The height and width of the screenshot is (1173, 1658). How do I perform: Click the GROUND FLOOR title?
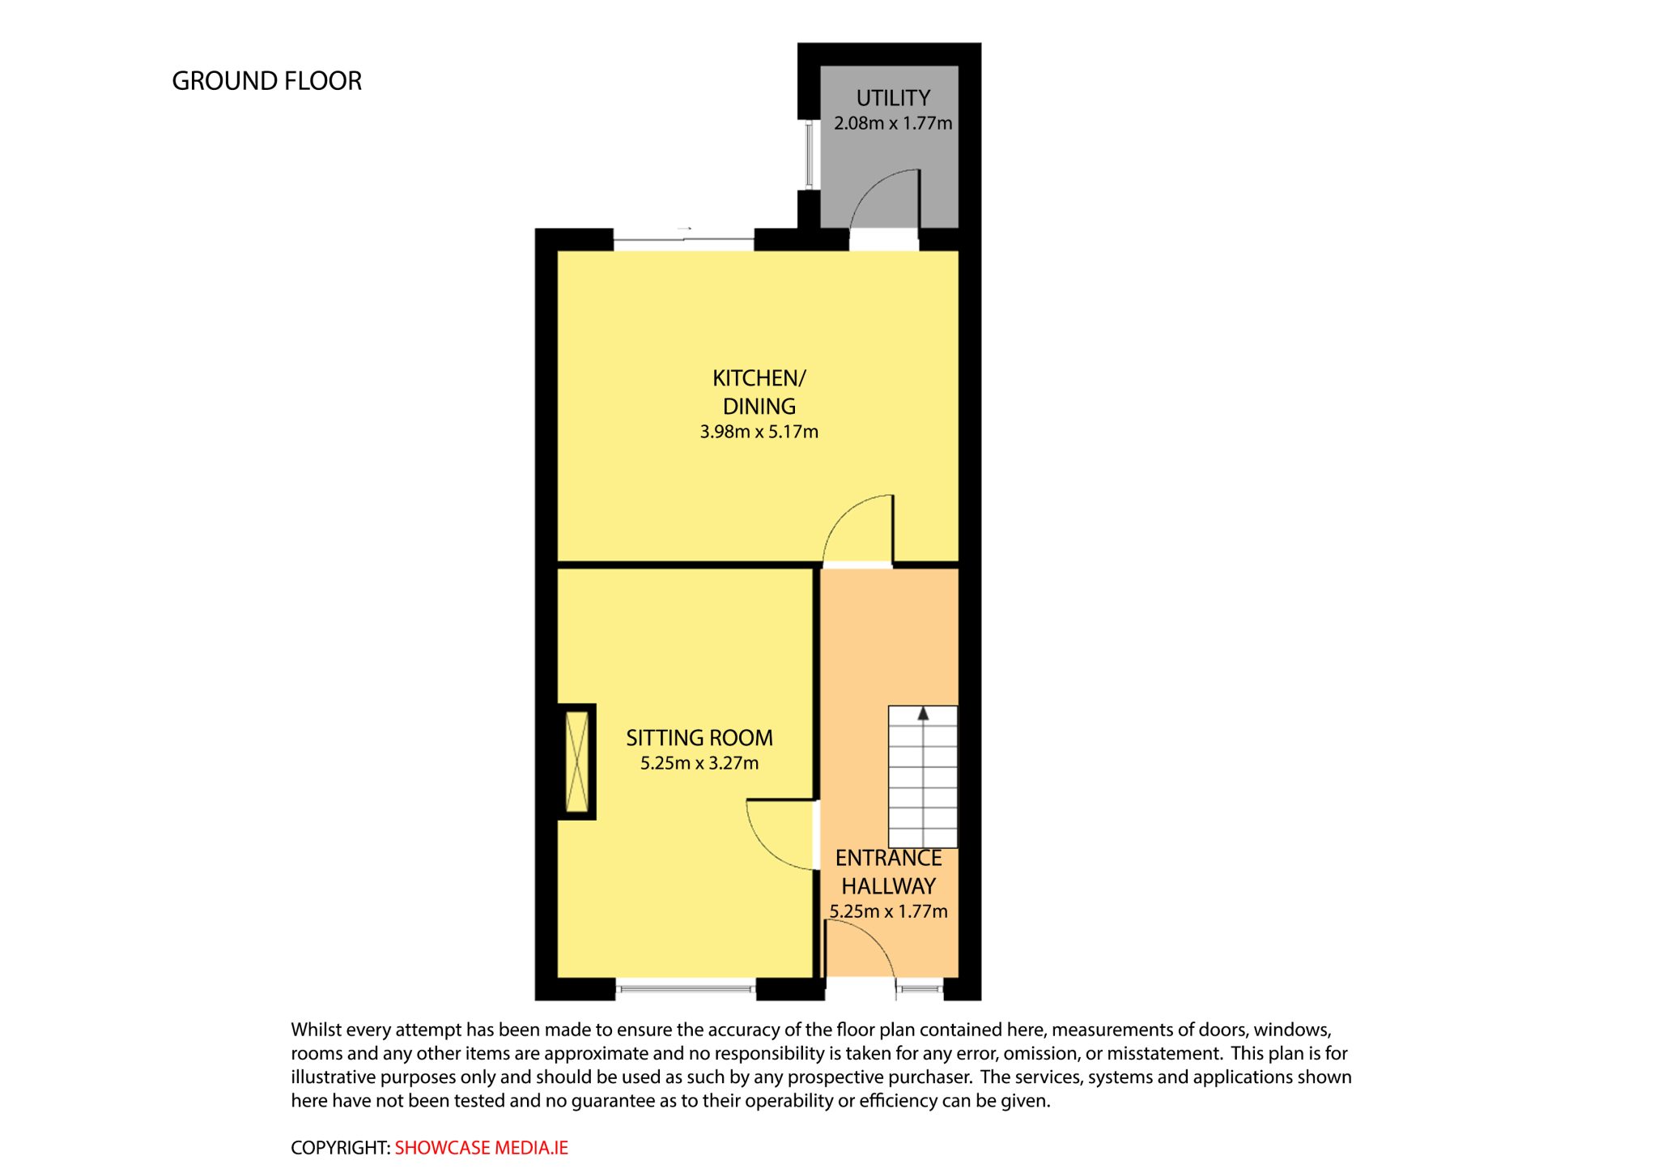266,81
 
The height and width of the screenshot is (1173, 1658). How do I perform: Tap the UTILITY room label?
893,98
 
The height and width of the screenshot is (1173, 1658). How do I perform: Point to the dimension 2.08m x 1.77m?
893,123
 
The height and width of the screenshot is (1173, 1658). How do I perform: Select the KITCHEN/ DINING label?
759,392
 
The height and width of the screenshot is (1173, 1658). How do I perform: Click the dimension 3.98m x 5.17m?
759,432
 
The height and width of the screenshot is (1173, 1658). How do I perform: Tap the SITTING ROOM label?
699,738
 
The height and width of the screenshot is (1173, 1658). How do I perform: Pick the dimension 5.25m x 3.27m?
699,763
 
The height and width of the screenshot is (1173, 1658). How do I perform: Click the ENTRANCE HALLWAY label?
889,872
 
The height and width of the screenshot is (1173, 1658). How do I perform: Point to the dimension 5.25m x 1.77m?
889,911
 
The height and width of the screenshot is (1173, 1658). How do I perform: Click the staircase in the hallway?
923,777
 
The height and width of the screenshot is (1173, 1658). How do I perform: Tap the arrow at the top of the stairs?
923,714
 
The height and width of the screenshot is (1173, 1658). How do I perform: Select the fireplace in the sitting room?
577,761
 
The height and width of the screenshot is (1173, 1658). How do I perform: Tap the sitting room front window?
686,987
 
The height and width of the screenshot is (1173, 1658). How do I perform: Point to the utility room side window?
808,155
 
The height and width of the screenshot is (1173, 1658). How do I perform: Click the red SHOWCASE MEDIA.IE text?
482,1148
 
